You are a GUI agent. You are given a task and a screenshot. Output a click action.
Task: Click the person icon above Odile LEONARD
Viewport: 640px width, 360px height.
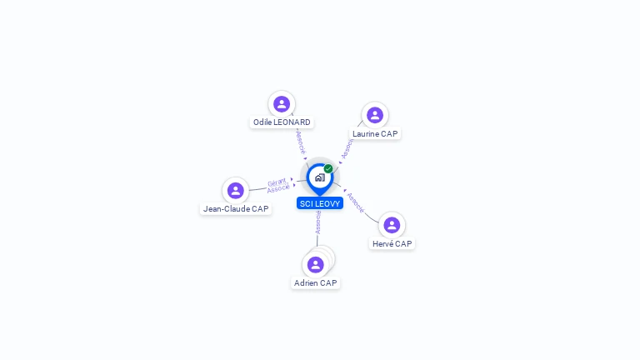click(282, 104)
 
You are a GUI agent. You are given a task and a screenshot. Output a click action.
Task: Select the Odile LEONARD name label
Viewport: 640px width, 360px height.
click(282, 122)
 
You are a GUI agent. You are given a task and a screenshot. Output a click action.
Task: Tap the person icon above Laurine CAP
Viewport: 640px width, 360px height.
click(375, 115)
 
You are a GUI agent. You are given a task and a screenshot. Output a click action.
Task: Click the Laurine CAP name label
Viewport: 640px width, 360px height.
click(375, 133)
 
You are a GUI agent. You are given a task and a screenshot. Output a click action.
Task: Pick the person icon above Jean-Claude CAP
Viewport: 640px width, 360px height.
click(236, 190)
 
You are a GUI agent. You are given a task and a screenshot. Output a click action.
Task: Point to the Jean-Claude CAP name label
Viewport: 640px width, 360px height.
click(236, 209)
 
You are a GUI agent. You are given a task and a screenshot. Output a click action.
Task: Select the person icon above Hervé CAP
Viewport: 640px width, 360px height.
click(392, 225)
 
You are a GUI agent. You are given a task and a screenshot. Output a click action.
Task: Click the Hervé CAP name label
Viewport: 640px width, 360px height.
click(392, 244)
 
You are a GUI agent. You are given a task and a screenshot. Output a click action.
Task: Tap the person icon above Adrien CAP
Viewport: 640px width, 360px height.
click(315, 265)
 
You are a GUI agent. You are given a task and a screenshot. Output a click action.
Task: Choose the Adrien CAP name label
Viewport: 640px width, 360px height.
click(316, 283)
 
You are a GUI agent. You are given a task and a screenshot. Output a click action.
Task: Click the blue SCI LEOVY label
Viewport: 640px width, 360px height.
click(320, 203)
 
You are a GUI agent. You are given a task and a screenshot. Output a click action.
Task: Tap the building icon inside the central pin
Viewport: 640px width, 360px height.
click(319, 177)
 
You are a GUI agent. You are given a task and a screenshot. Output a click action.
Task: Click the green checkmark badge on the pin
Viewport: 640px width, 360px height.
click(328, 169)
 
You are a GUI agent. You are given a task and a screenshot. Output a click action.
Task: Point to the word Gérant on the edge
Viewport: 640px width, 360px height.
click(277, 181)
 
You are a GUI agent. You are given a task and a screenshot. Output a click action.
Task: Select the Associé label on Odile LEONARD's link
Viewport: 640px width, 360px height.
click(301, 142)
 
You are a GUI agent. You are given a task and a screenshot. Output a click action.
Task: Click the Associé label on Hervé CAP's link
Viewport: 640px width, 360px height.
click(356, 202)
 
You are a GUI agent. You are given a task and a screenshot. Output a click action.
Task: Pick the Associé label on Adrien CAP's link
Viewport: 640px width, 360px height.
click(318, 222)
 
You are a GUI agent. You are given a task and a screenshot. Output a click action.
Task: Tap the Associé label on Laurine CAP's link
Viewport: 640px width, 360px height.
click(347, 148)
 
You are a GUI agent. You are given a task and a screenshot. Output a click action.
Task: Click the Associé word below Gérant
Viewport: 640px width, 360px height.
click(278, 188)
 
